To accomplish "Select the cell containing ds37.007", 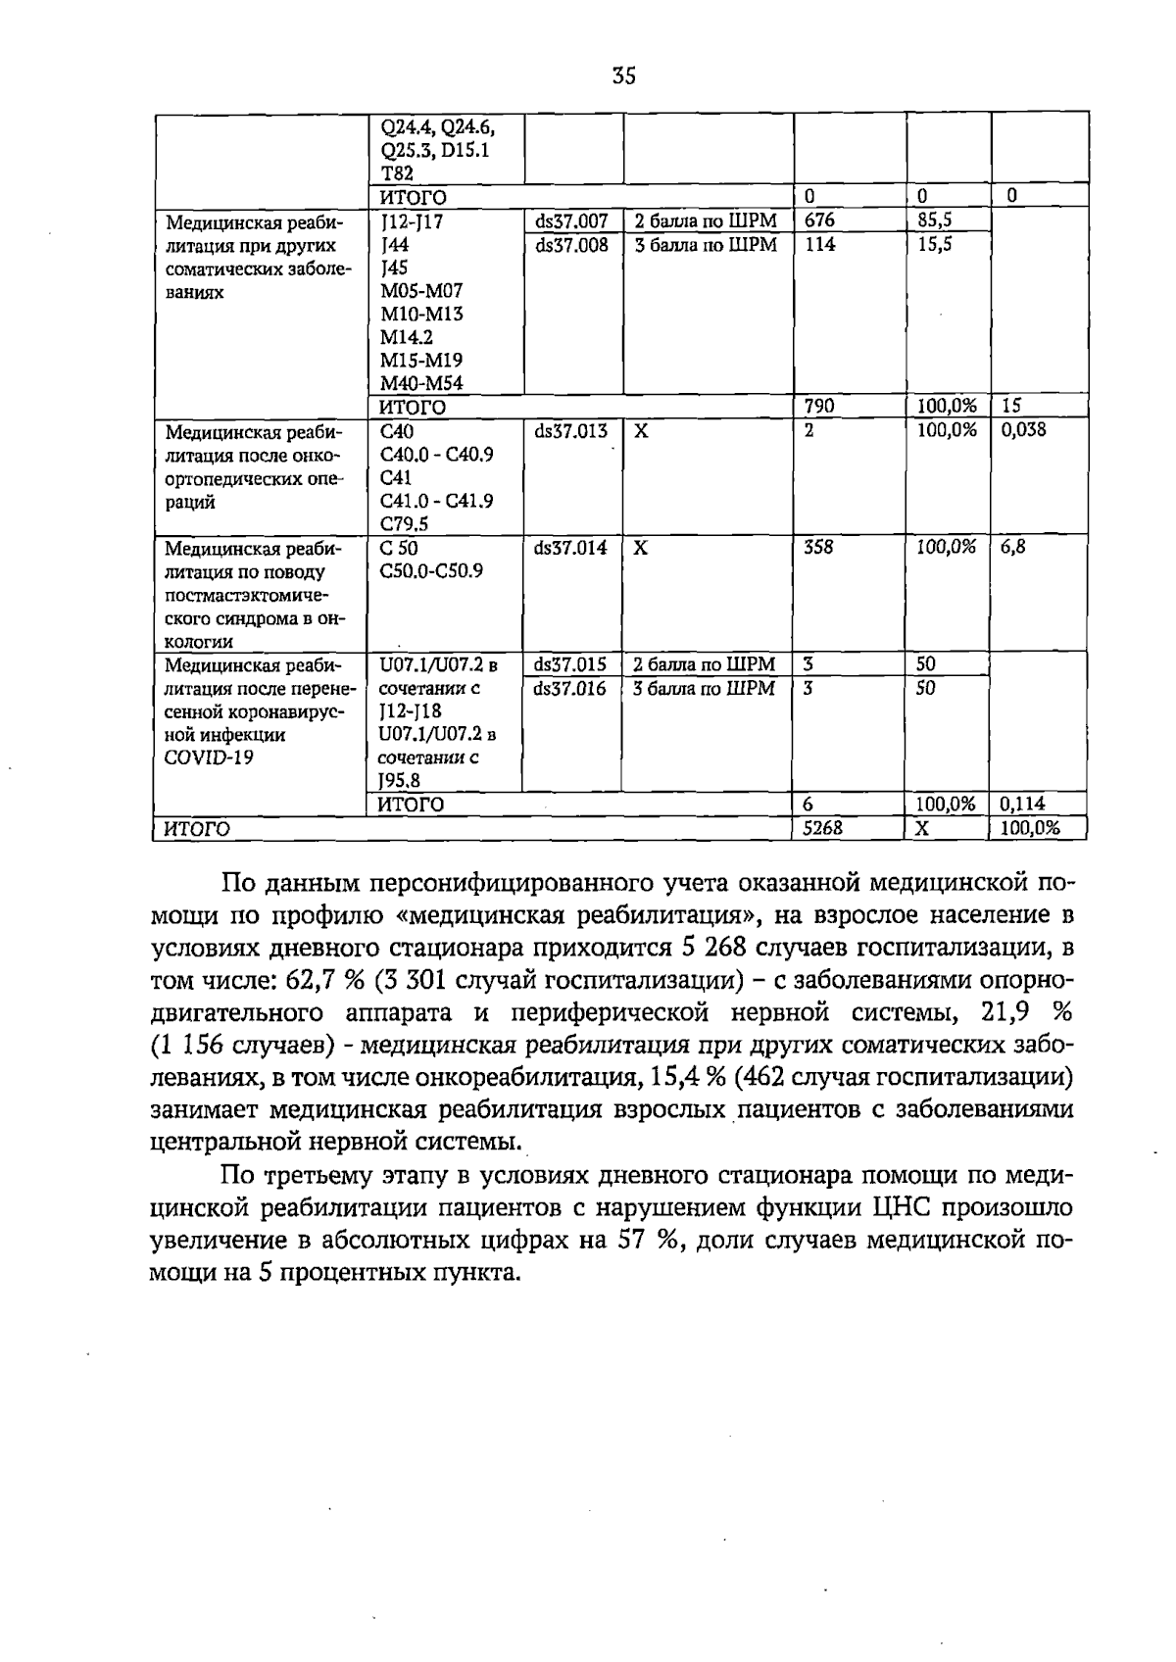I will pyautogui.click(x=571, y=221).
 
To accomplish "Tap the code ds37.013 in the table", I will pyautogui.click(x=571, y=431).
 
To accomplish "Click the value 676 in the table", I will pyautogui.click(x=820, y=221).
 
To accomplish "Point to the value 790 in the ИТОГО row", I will pyautogui.click(x=819, y=406).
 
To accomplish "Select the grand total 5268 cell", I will pyautogui.click(x=823, y=828).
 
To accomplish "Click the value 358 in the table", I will pyautogui.click(x=819, y=548).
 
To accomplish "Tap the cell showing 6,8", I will pyautogui.click(x=1013, y=548).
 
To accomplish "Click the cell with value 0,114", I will pyautogui.click(x=1023, y=805).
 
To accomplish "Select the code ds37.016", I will pyautogui.click(x=571, y=688).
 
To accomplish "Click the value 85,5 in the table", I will pyautogui.click(x=935, y=221).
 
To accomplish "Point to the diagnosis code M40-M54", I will pyautogui.click(x=422, y=384).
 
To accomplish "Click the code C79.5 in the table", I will pyautogui.click(x=404, y=524).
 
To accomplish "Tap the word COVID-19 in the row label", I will pyautogui.click(x=209, y=758).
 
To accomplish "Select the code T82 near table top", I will pyautogui.click(x=396, y=173).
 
